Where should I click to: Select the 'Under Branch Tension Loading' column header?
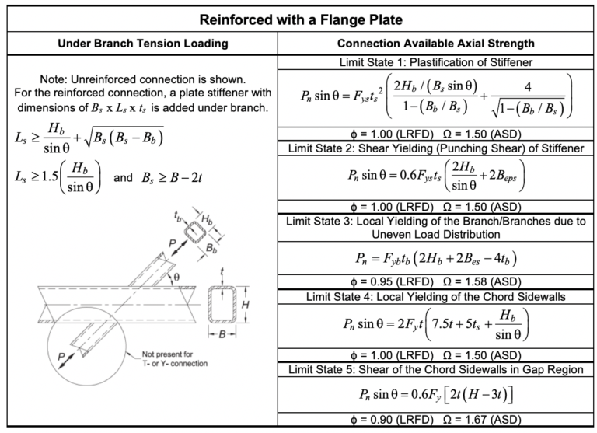point(141,44)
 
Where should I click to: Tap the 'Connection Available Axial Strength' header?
point(438,44)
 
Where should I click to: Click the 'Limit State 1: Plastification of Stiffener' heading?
point(438,61)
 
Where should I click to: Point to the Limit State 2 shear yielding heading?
point(438,146)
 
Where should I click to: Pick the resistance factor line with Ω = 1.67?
point(438,420)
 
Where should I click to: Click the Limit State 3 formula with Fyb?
point(438,257)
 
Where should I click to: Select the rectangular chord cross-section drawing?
point(223,306)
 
